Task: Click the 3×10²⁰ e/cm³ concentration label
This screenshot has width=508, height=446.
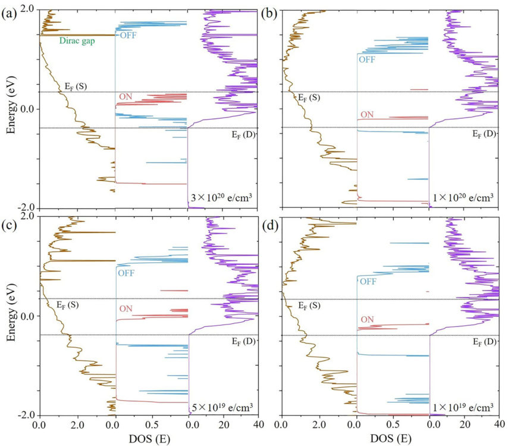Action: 220,198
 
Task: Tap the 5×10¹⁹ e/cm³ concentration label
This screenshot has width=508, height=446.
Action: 222,407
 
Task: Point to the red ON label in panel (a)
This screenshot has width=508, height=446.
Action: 126,96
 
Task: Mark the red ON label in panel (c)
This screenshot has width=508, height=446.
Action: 126,308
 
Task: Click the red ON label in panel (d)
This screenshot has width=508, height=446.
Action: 367,320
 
